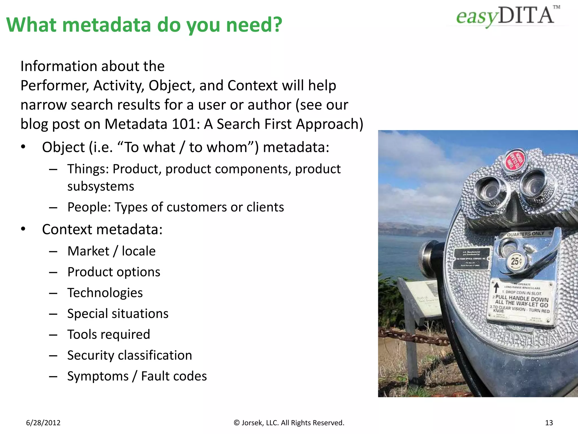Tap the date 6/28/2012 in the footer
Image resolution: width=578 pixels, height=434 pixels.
(43, 423)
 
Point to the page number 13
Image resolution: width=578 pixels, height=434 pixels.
(549, 423)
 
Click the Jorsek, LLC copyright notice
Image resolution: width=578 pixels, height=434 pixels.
(289, 423)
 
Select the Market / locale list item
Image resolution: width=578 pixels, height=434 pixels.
(111, 251)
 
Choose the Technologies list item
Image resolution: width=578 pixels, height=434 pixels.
(105, 293)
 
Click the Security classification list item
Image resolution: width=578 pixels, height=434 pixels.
(130, 355)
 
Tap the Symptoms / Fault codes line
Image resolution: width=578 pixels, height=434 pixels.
(137, 376)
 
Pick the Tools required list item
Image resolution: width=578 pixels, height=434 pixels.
(109, 335)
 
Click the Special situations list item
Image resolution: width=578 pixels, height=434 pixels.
(118, 314)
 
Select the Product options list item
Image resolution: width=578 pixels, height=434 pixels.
(114, 272)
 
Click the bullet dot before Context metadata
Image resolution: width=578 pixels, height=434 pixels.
(23, 229)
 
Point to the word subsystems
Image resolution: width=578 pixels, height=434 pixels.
(101, 186)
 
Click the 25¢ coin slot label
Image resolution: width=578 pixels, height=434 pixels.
(516, 261)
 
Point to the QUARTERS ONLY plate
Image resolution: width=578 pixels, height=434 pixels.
(526, 234)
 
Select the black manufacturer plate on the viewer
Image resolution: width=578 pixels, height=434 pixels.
(471, 259)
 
